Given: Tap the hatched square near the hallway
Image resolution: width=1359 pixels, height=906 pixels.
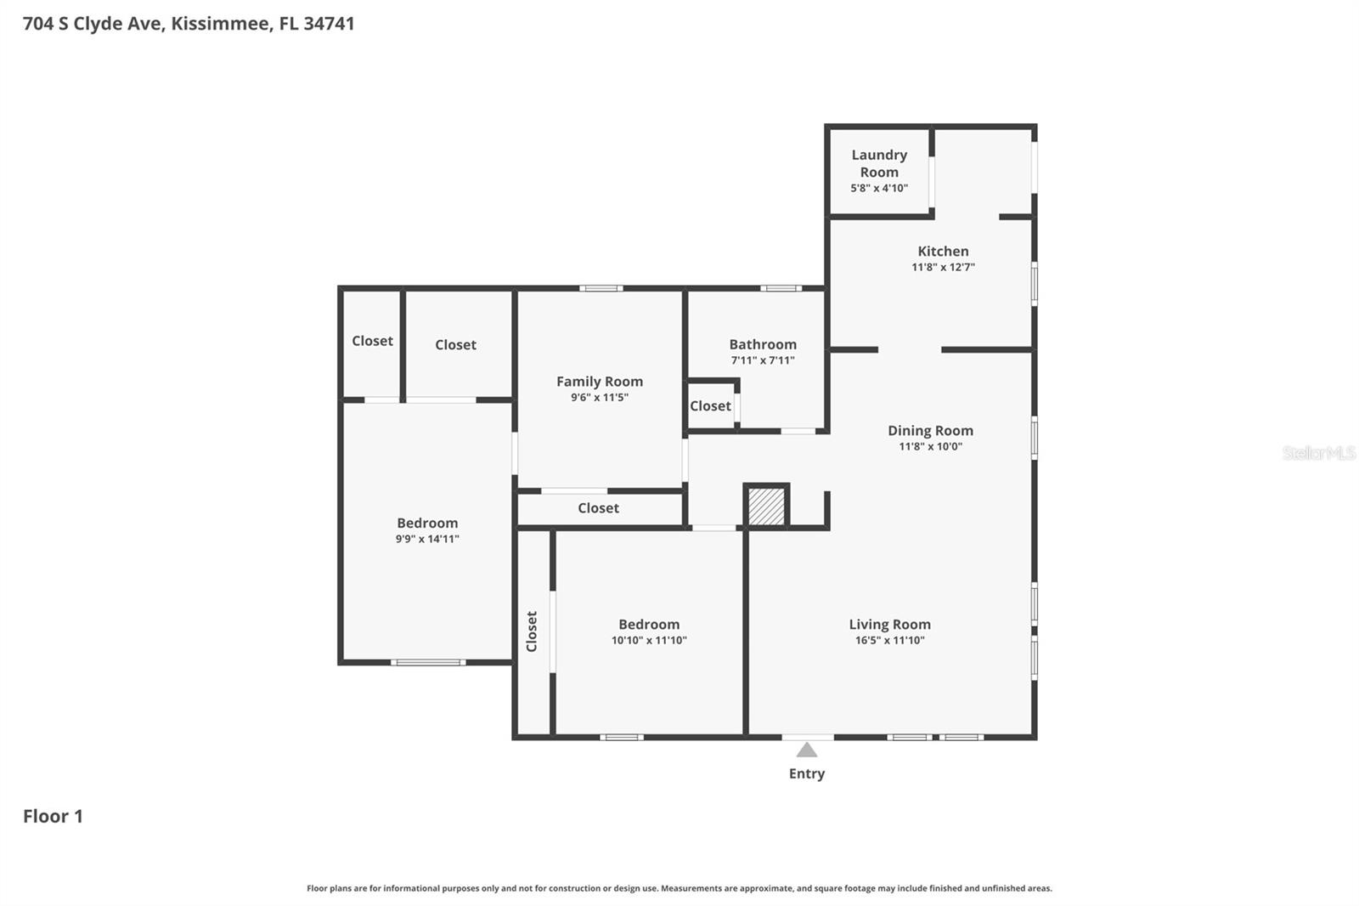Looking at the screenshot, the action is pyautogui.click(x=767, y=506).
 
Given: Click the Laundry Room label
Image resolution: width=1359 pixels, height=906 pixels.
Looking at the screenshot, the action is pyautogui.click(x=879, y=163).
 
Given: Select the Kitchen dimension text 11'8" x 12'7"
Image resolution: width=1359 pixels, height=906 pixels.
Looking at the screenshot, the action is pyautogui.click(x=943, y=267).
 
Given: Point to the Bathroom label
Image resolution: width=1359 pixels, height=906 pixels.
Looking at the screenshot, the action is pyautogui.click(x=763, y=344).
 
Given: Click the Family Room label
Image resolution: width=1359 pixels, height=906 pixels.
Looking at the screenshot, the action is pyautogui.click(x=600, y=382).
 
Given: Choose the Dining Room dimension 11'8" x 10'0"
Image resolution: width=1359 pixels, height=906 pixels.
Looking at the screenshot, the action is pyautogui.click(x=930, y=446).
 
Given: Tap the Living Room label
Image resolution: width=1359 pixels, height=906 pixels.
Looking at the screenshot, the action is pyautogui.click(x=889, y=624).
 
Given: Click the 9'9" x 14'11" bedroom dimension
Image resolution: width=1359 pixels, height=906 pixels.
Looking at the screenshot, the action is pyautogui.click(x=427, y=539).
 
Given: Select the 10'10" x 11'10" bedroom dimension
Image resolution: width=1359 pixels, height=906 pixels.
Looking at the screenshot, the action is pyautogui.click(x=649, y=640).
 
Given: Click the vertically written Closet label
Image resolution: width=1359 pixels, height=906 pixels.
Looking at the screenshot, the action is pyautogui.click(x=532, y=631).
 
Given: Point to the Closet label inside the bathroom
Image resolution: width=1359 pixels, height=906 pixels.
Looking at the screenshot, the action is pyautogui.click(x=710, y=405).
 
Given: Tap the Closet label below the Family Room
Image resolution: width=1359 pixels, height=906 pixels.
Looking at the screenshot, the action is pyautogui.click(x=598, y=507).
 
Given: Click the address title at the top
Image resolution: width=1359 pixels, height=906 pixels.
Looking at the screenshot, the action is pyautogui.click(x=189, y=24).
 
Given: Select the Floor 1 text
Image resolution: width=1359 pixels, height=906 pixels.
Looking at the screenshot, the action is pyautogui.click(x=53, y=816).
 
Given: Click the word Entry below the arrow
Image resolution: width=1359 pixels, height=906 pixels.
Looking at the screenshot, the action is pyautogui.click(x=806, y=773).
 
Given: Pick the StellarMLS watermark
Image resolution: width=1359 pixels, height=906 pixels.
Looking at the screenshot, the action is pyautogui.click(x=1319, y=452).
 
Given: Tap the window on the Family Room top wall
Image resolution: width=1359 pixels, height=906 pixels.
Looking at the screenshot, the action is pyautogui.click(x=601, y=288).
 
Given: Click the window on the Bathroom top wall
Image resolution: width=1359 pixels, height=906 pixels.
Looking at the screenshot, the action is pyautogui.click(x=781, y=288).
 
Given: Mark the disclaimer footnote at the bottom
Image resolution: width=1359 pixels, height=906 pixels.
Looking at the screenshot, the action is pyautogui.click(x=679, y=888).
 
